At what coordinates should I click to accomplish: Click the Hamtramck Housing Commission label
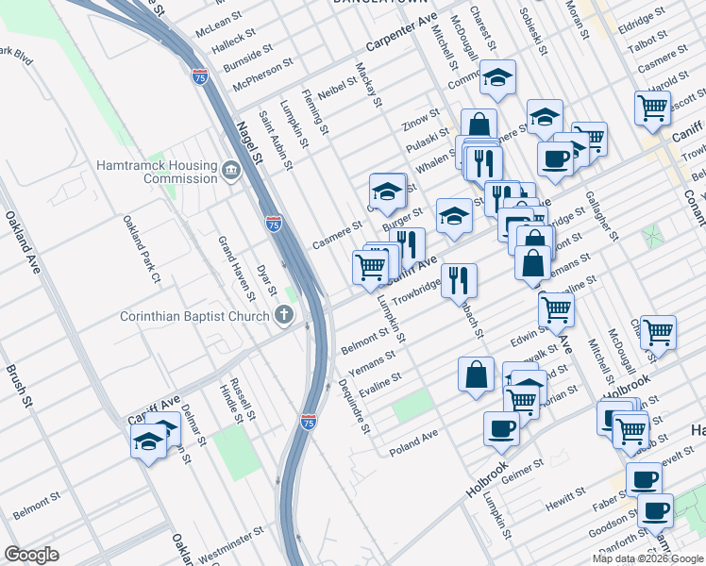point(157,172)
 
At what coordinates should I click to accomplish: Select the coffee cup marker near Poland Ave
point(501,428)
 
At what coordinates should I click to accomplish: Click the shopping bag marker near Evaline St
point(477,374)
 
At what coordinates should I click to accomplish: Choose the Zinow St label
point(421,119)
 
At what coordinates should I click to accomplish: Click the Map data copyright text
point(647,558)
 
